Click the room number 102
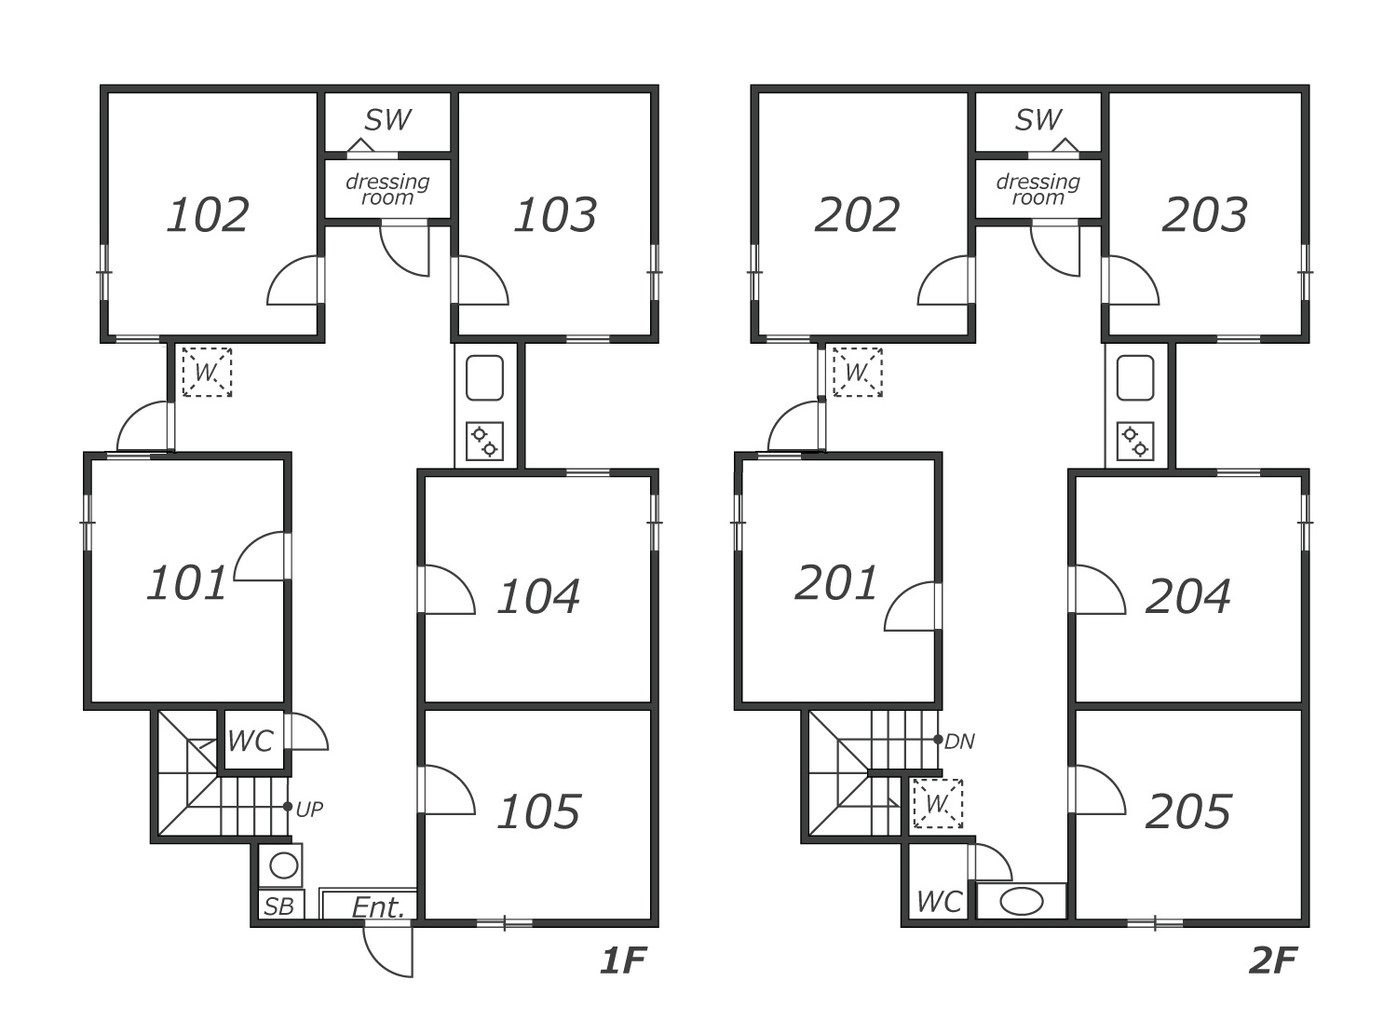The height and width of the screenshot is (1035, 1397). pos(208,215)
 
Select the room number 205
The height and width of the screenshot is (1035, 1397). pos(1188,812)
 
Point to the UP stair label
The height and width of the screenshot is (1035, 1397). pos(309,810)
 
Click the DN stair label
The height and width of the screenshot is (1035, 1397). pos(959,742)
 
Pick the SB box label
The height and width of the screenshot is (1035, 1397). pos(278,906)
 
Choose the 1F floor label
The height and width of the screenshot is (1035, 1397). pos(621,960)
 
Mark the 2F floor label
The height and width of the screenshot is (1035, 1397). pos(1272,960)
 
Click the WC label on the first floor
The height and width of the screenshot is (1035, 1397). pos(250,742)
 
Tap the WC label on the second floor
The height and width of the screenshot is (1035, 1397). pos(939,902)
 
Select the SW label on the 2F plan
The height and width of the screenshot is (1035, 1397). pos(1038,120)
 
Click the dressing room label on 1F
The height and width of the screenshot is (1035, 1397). pos(387,189)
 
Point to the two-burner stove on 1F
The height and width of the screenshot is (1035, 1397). pos(485,443)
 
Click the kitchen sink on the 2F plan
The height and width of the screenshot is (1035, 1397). pos(1135,378)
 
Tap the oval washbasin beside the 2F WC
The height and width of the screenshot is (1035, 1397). pos(1022,902)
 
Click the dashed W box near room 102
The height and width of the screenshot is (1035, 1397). pos(207,373)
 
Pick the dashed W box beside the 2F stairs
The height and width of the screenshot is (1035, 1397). pos(937,803)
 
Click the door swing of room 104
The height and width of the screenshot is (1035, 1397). pos(448,592)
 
